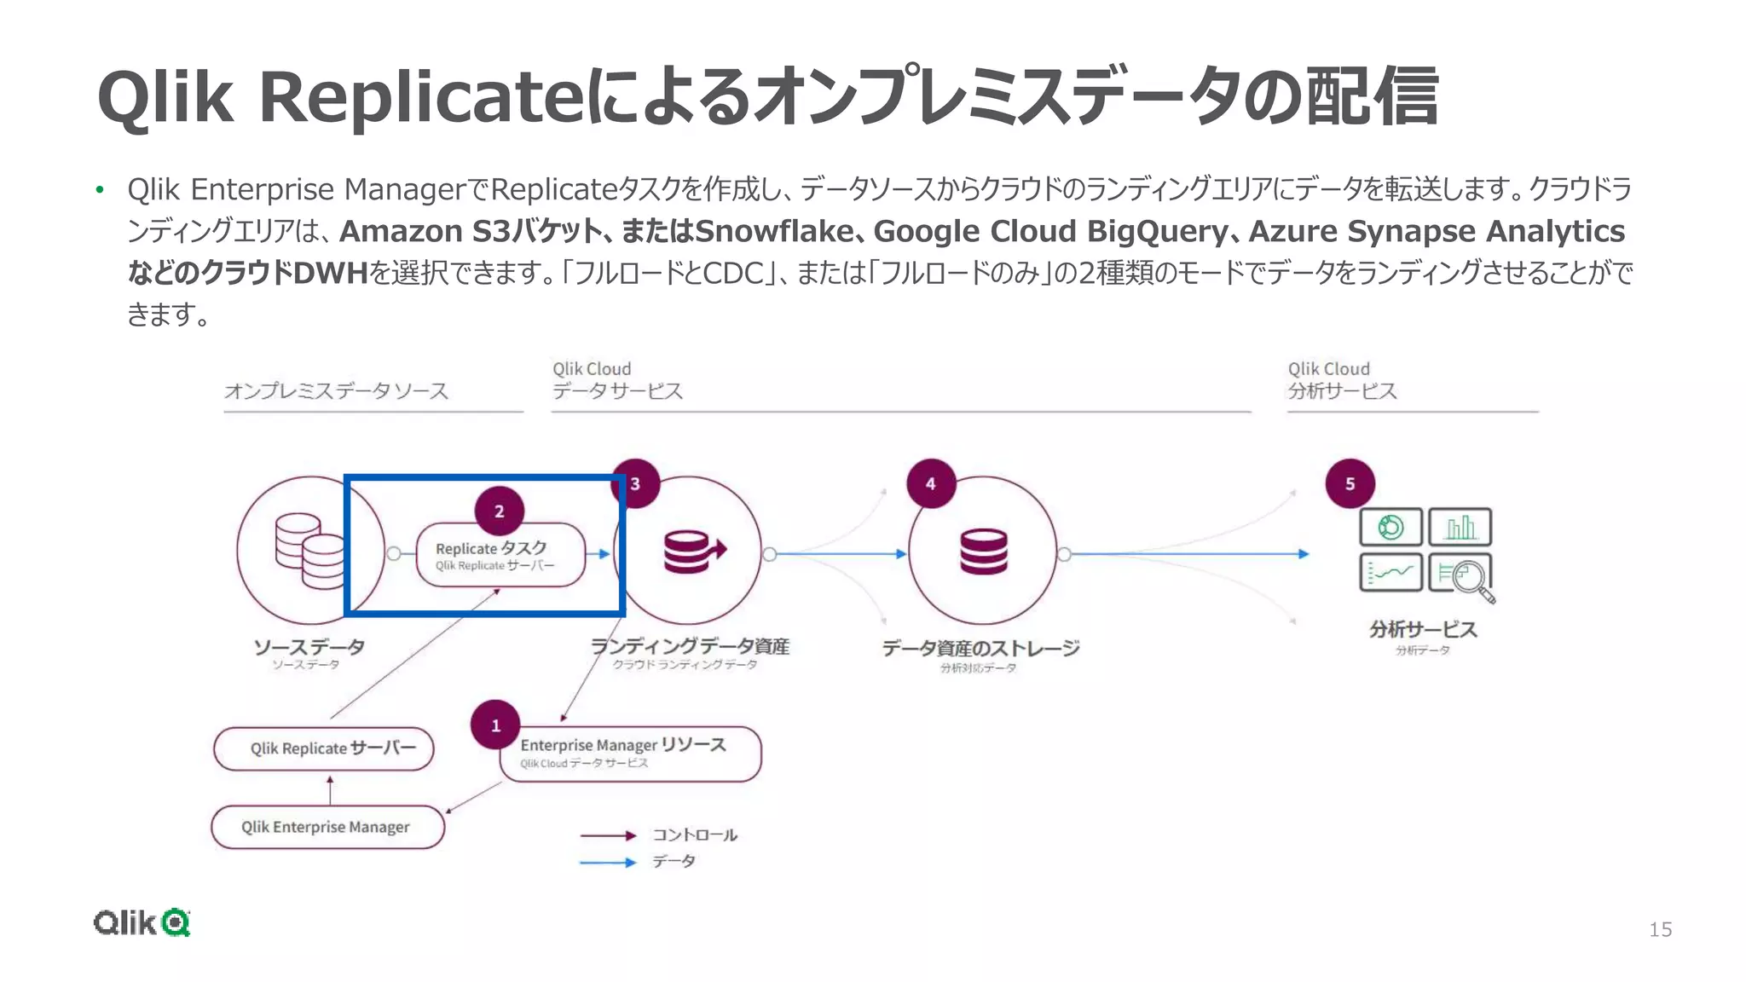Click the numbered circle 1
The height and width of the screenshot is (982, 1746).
pos(495,725)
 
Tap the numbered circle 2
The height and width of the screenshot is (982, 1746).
pos(499,511)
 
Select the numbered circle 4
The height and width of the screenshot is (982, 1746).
pos(930,483)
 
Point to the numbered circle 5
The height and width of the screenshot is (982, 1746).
pos(1350,483)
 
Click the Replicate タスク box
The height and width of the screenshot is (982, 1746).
pos(500,555)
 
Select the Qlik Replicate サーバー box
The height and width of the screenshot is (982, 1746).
pos(324,748)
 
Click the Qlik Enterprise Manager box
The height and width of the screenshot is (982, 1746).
pos(327,827)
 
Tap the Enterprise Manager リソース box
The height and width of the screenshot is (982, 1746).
pos(630,754)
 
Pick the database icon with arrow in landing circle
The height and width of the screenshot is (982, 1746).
pos(693,552)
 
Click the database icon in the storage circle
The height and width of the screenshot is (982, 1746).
pos(983,552)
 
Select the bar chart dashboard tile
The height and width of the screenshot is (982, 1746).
pos(1460,527)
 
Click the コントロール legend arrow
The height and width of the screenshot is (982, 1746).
pos(608,835)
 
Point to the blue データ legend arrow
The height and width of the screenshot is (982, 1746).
pos(608,863)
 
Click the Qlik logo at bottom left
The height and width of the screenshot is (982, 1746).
pos(142,922)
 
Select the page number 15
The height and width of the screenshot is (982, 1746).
pos(1660,929)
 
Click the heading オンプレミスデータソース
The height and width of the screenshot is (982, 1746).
pos(336,391)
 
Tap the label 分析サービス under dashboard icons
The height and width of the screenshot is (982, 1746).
pos(1422,630)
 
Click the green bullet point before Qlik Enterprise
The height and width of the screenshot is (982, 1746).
pos(100,189)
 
